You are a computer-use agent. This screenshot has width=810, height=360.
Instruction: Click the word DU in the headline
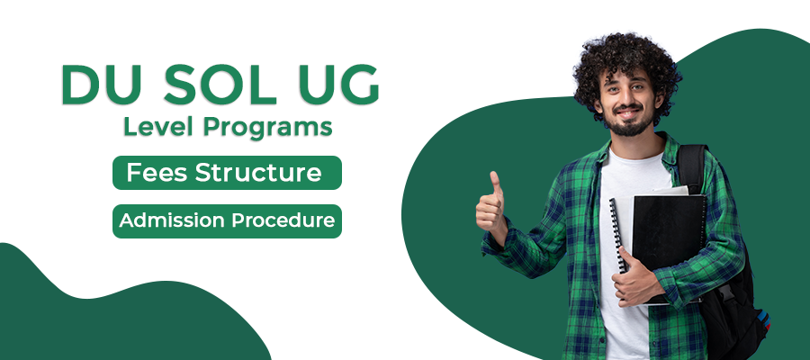101,85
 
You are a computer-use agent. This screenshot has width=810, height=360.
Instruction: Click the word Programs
267,128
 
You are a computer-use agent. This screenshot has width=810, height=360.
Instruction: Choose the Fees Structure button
228,173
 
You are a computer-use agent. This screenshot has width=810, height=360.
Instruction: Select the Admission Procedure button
228,221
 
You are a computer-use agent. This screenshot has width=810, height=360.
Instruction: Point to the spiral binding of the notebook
617,235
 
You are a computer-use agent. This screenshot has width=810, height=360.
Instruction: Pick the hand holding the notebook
634,279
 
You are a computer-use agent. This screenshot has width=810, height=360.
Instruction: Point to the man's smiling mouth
627,113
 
